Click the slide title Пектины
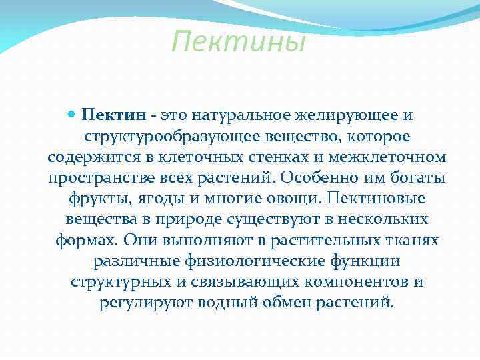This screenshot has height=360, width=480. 238,43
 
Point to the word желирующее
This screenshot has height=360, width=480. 346,115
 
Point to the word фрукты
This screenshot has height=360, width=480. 94,199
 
